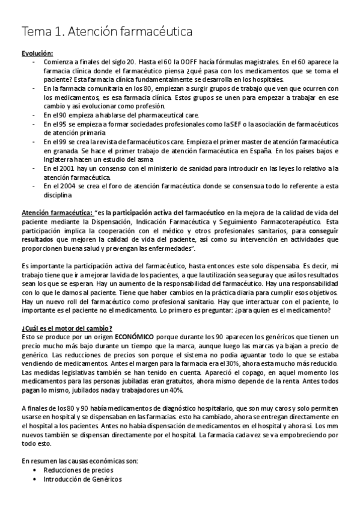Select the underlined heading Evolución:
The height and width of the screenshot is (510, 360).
(37, 53)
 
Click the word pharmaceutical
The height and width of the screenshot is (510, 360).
(136, 115)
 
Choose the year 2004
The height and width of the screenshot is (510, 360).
(59, 186)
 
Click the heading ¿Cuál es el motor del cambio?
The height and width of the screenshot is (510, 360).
(66, 328)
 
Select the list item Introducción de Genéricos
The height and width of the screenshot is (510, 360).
(82, 479)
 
